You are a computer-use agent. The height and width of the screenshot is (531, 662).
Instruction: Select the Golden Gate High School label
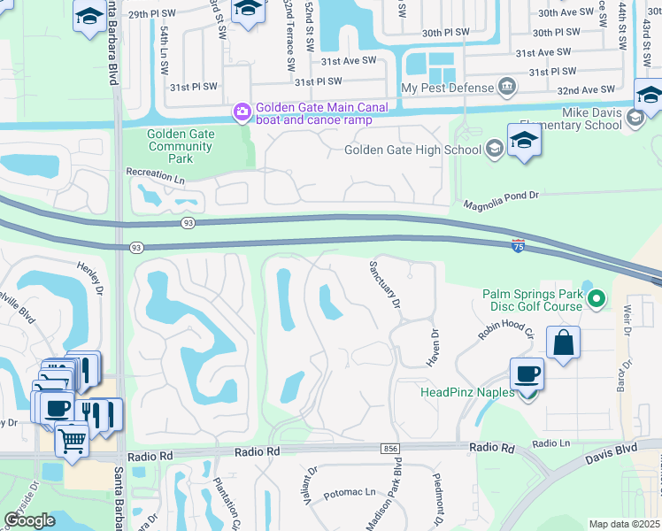(x=412, y=150)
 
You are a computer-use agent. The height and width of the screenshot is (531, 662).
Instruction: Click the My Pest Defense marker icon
(x=507, y=87)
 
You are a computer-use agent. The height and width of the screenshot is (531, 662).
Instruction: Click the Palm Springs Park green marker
(x=596, y=300)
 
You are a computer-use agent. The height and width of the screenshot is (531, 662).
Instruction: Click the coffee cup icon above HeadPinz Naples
(x=527, y=373)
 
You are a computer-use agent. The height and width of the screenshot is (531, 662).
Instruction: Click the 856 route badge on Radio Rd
(x=390, y=450)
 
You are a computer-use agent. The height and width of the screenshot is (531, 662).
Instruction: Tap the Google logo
(x=28, y=520)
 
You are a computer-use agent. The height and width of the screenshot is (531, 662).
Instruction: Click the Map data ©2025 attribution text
(x=624, y=524)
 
